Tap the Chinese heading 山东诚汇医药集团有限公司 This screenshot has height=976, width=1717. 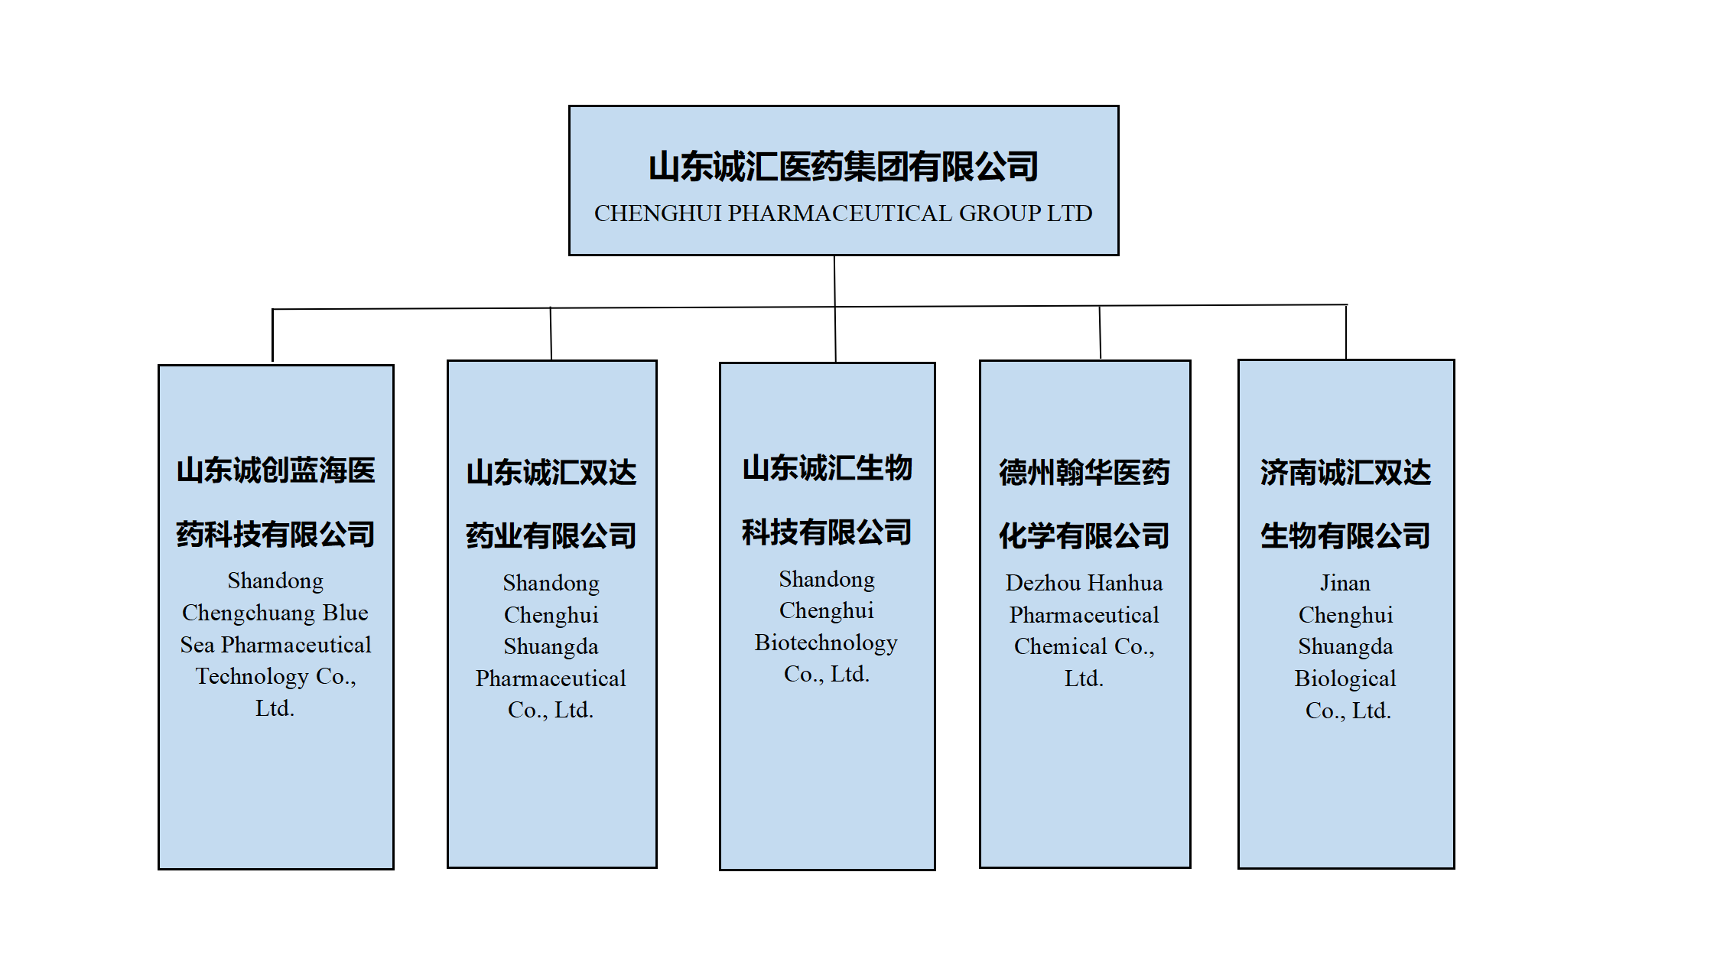(x=844, y=167)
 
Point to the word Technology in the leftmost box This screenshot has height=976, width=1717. (x=252, y=676)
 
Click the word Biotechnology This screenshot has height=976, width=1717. (x=826, y=643)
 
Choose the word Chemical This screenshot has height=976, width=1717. (x=1060, y=646)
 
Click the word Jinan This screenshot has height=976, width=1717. (x=1345, y=583)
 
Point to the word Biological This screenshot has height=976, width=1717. (x=1345, y=678)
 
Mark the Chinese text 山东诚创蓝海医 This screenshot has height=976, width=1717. (x=275, y=470)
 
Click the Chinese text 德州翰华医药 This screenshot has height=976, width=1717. (x=1085, y=473)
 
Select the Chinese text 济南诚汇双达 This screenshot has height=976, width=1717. (x=1345, y=473)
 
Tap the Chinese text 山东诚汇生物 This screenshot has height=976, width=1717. (x=827, y=468)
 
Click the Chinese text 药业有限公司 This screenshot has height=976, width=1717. (x=551, y=535)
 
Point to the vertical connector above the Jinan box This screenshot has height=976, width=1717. (x=1346, y=332)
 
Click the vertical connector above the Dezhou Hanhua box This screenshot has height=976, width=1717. (x=1100, y=332)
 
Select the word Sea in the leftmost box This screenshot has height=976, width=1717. (x=197, y=645)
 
